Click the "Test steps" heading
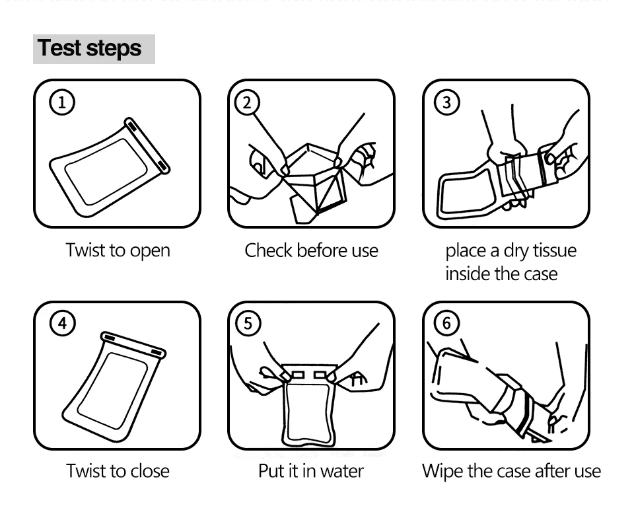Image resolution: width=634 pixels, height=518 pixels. coord(90,49)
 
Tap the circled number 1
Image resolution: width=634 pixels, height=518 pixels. coord(63,102)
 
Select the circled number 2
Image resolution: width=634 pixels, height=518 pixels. coord(248,102)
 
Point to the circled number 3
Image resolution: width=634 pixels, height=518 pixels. coord(447,102)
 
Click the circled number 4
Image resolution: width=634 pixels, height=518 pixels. coord(63,323)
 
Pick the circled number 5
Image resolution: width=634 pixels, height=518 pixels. coord(248,323)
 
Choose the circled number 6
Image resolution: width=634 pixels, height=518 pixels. coord(447,323)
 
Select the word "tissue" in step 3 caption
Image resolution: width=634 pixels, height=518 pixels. coord(551,250)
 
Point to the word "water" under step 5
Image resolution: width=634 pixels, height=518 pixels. coord(341,471)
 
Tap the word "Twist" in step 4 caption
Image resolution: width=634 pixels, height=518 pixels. coord(86,471)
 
